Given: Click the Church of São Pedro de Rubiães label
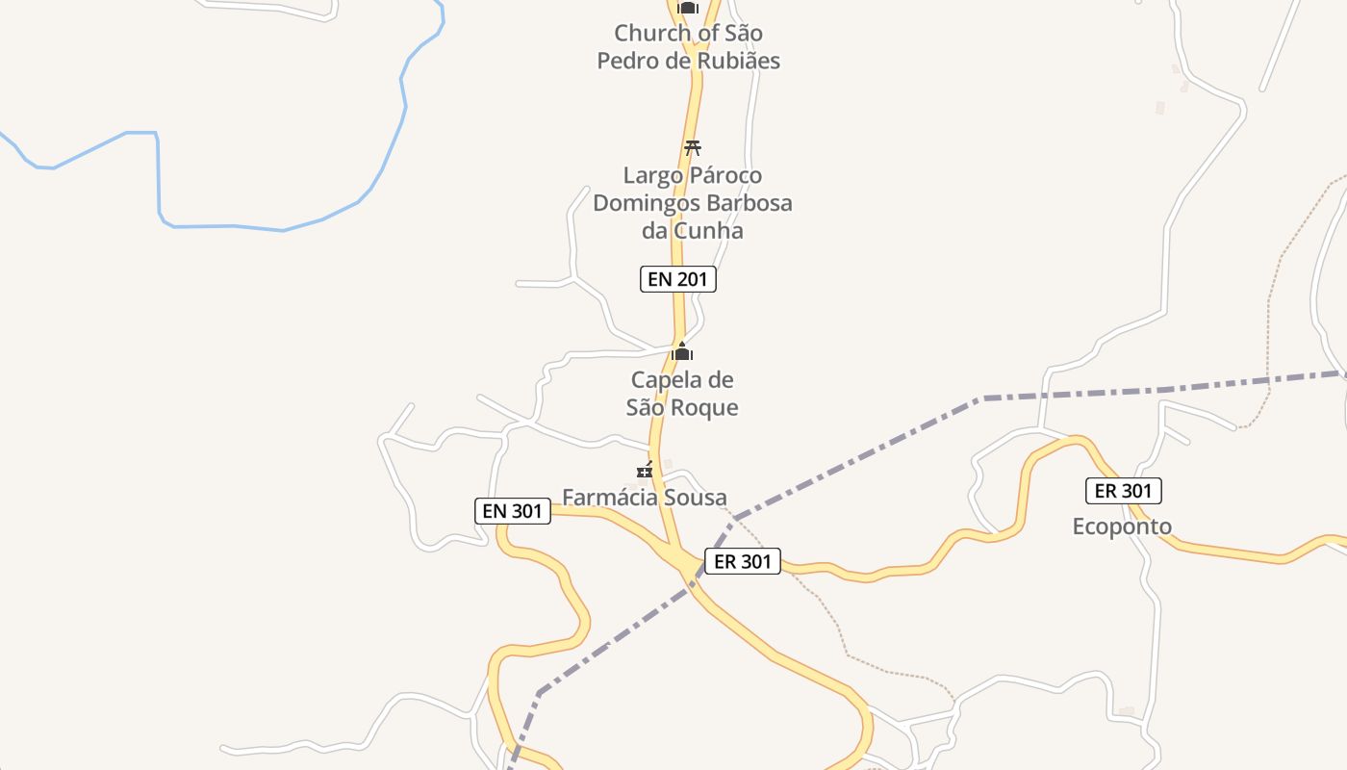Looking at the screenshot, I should pos(688,46).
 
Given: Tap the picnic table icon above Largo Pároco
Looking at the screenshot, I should pos(692,148).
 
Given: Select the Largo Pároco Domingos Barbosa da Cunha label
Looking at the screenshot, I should pos(692,203).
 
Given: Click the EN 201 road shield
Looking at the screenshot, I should pos(678,279).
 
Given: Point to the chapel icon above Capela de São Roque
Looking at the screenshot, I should pos(682,352).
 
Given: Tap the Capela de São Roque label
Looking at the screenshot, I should pos(682,393).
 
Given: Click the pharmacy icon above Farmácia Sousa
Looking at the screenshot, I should pos(645,471).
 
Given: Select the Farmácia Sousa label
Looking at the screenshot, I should pos(644,498).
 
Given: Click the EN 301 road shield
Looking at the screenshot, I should pos(513,511).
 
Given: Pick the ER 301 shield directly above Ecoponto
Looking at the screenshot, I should pos(1124,491).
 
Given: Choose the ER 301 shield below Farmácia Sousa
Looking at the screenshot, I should pos(742,561).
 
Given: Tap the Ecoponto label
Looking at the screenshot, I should pos(1122,526).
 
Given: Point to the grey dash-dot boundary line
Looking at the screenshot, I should pos(1058,395).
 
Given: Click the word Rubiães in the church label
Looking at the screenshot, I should pos(732,61).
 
